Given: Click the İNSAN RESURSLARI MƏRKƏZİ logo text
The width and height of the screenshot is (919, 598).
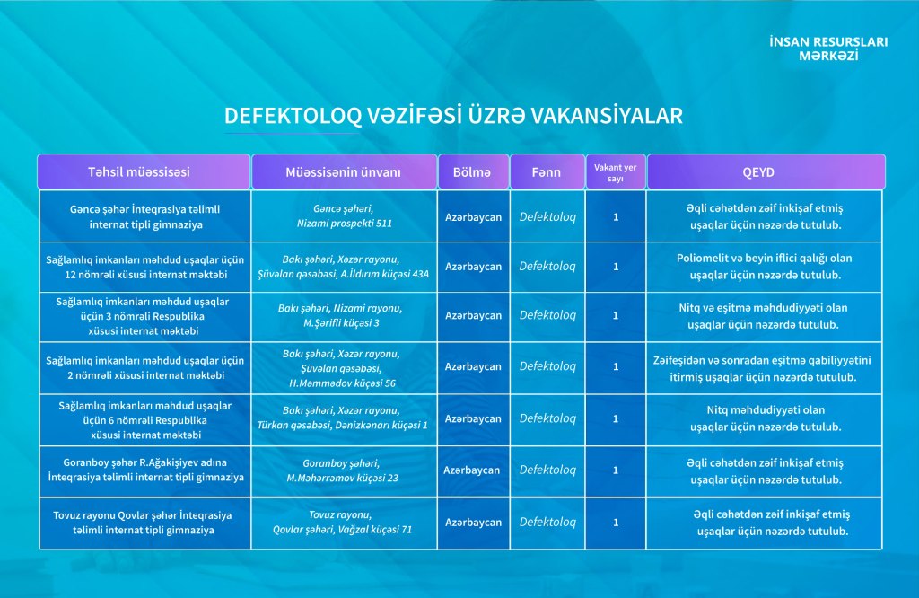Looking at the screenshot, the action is tap(828, 48).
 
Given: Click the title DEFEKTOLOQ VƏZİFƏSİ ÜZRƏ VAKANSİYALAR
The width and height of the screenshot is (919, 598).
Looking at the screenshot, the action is tap(453, 116).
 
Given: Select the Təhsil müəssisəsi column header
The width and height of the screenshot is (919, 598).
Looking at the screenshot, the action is tap(144, 171).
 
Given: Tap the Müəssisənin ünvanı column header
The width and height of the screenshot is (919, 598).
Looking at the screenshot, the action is tap(344, 171).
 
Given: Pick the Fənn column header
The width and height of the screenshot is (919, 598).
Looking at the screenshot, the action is tap(547, 171).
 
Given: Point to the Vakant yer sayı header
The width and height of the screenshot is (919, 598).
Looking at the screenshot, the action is tap(616, 171).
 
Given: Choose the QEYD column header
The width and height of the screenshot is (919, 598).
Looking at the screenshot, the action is tap(766, 171).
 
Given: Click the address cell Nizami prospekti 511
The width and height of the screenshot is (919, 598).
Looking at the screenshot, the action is tap(344, 216).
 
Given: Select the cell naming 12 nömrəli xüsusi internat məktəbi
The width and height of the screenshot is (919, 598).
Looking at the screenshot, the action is tap(145, 268).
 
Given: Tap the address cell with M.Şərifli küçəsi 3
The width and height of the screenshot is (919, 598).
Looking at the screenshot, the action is tap(344, 317).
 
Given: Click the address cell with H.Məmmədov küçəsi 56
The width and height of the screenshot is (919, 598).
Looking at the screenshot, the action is tap(344, 368).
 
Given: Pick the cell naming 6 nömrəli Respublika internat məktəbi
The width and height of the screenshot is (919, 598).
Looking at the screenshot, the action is tap(145, 420).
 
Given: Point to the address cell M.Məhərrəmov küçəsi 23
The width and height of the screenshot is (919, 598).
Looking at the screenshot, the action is tap(344, 471).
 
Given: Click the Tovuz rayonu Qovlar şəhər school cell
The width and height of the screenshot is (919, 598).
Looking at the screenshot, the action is tap(145, 523).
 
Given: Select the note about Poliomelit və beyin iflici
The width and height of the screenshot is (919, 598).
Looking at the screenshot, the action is tap(765, 268).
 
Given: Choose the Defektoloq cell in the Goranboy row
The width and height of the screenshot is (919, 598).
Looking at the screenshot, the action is tap(547, 470).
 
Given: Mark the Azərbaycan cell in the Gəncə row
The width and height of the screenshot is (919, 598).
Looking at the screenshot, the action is tap(474, 217).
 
